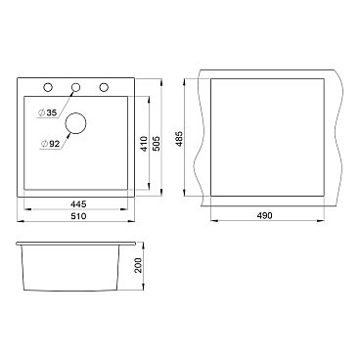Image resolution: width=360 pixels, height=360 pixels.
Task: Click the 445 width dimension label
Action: (x=78, y=204)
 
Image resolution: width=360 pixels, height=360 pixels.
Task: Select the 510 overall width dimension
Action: (x=78, y=216)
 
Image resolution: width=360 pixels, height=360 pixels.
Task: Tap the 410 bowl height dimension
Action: (x=144, y=143)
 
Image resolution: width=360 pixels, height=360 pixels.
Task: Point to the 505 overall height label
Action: (x=157, y=143)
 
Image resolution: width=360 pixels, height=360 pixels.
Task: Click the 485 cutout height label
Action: (x=179, y=138)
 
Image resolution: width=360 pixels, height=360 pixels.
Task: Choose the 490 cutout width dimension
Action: (x=264, y=215)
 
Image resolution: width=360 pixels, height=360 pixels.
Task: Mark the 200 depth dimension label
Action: (x=138, y=265)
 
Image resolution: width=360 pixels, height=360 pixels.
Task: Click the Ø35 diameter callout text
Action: (x=48, y=112)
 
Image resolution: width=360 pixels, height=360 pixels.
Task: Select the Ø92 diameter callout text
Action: (x=50, y=144)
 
